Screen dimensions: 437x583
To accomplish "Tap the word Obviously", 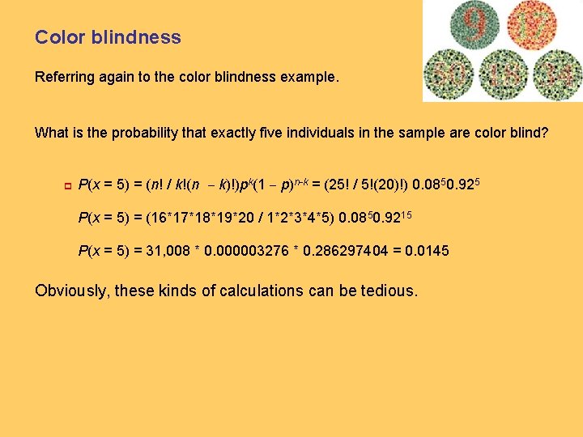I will click(x=71, y=291).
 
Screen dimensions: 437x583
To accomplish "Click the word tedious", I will click(x=388, y=291).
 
